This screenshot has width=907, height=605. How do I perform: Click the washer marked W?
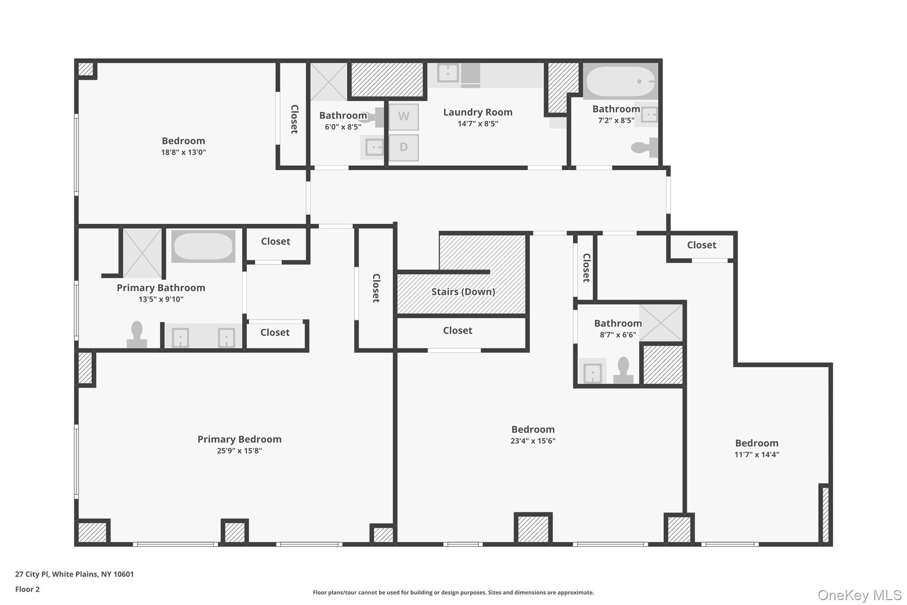pyautogui.click(x=403, y=117)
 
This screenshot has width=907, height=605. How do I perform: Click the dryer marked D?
pyautogui.click(x=403, y=147)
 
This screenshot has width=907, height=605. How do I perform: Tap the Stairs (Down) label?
pyautogui.click(x=463, y=292)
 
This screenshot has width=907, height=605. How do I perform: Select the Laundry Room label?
pyautogui.click(x=477, y=113)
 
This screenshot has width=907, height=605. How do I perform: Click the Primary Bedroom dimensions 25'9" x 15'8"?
pyautogui.click(x=239, y=451)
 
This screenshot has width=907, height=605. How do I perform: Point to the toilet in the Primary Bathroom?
pyautogui.click(x=137, y=335)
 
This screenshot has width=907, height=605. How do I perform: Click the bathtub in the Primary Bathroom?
pyautogui.click(x=203, y=246)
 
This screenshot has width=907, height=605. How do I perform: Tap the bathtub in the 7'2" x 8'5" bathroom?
pyautogui.click(x=620, y=82)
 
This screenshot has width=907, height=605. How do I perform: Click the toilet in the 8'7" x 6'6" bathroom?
pyautogui.click(x=623, y=370)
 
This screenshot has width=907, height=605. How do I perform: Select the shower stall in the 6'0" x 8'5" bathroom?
pyautogui.click(x=328, y=82)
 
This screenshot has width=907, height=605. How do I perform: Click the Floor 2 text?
pyautogui.click(x=27, y=589)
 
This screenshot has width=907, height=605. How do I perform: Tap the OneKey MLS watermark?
pyautogui.click(x=859, y=595)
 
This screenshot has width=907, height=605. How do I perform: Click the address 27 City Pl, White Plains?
pyautogui.click(x=74, y=574)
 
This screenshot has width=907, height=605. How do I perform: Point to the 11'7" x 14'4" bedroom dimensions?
pyautogui.click(x=756, y=454)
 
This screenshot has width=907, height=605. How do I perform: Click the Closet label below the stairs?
pyautogui.click(x=457, y=331)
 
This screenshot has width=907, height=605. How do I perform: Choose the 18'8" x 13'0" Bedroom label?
pyautogui.click(x=183, y=141)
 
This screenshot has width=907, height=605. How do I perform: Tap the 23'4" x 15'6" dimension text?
pyautogui.click(x=533, y=441)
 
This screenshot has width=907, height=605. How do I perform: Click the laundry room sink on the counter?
pyautogui.click(x=448, y=73)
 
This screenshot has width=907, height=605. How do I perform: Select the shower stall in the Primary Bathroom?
pyautogui.click(x=142, y=253)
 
